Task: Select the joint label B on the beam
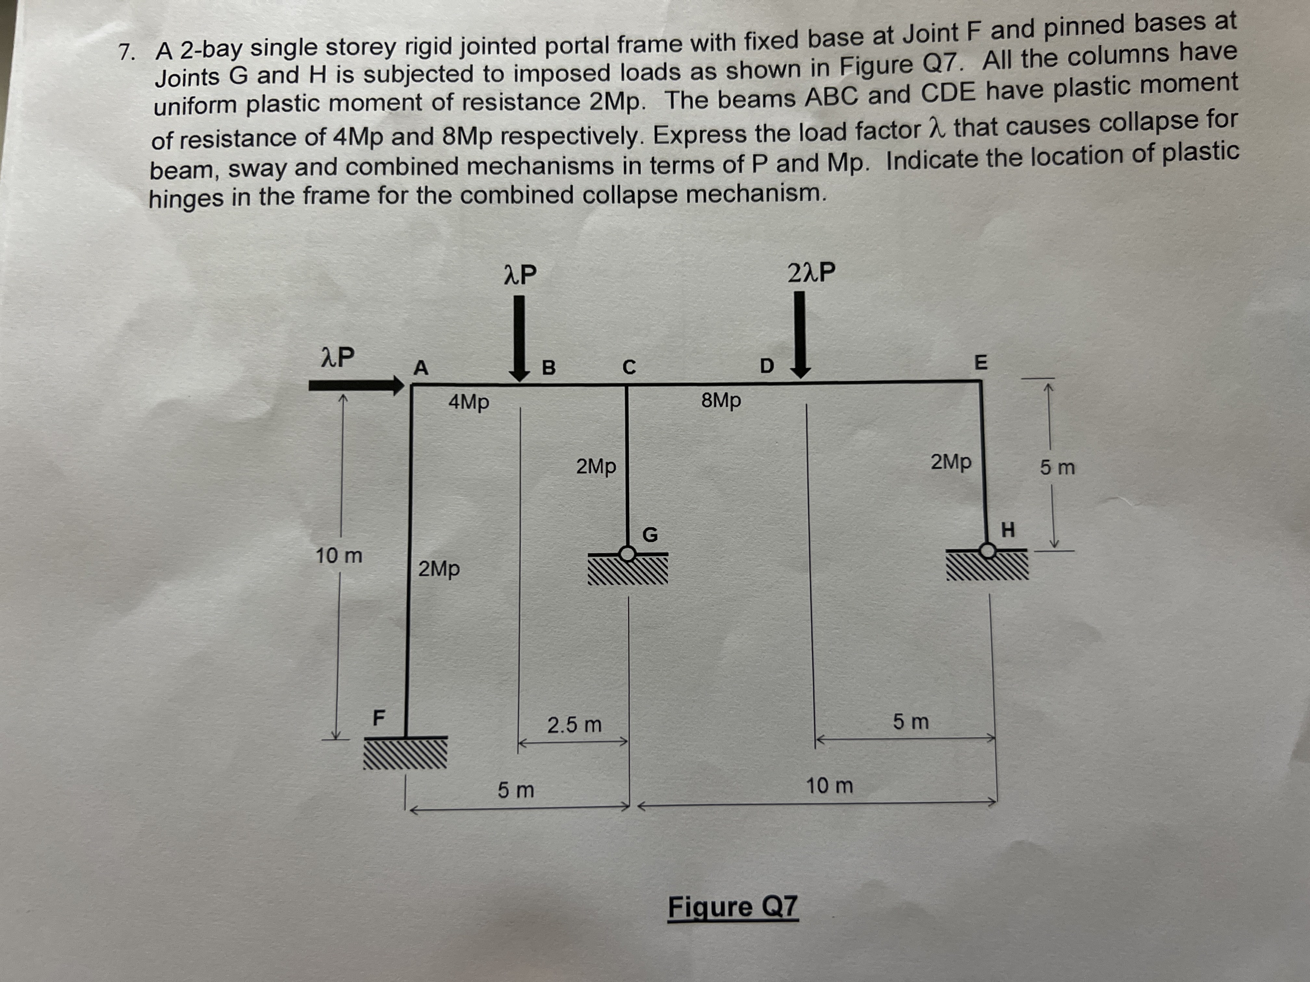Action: (x=549, y=368)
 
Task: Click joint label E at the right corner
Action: (x=981, y=362)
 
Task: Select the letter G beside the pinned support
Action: (x=650, y=535)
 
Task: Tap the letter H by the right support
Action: (x=1008, y=530)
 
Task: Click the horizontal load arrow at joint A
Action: (x=355, y=386)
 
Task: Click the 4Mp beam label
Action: (x=469, y=402)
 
